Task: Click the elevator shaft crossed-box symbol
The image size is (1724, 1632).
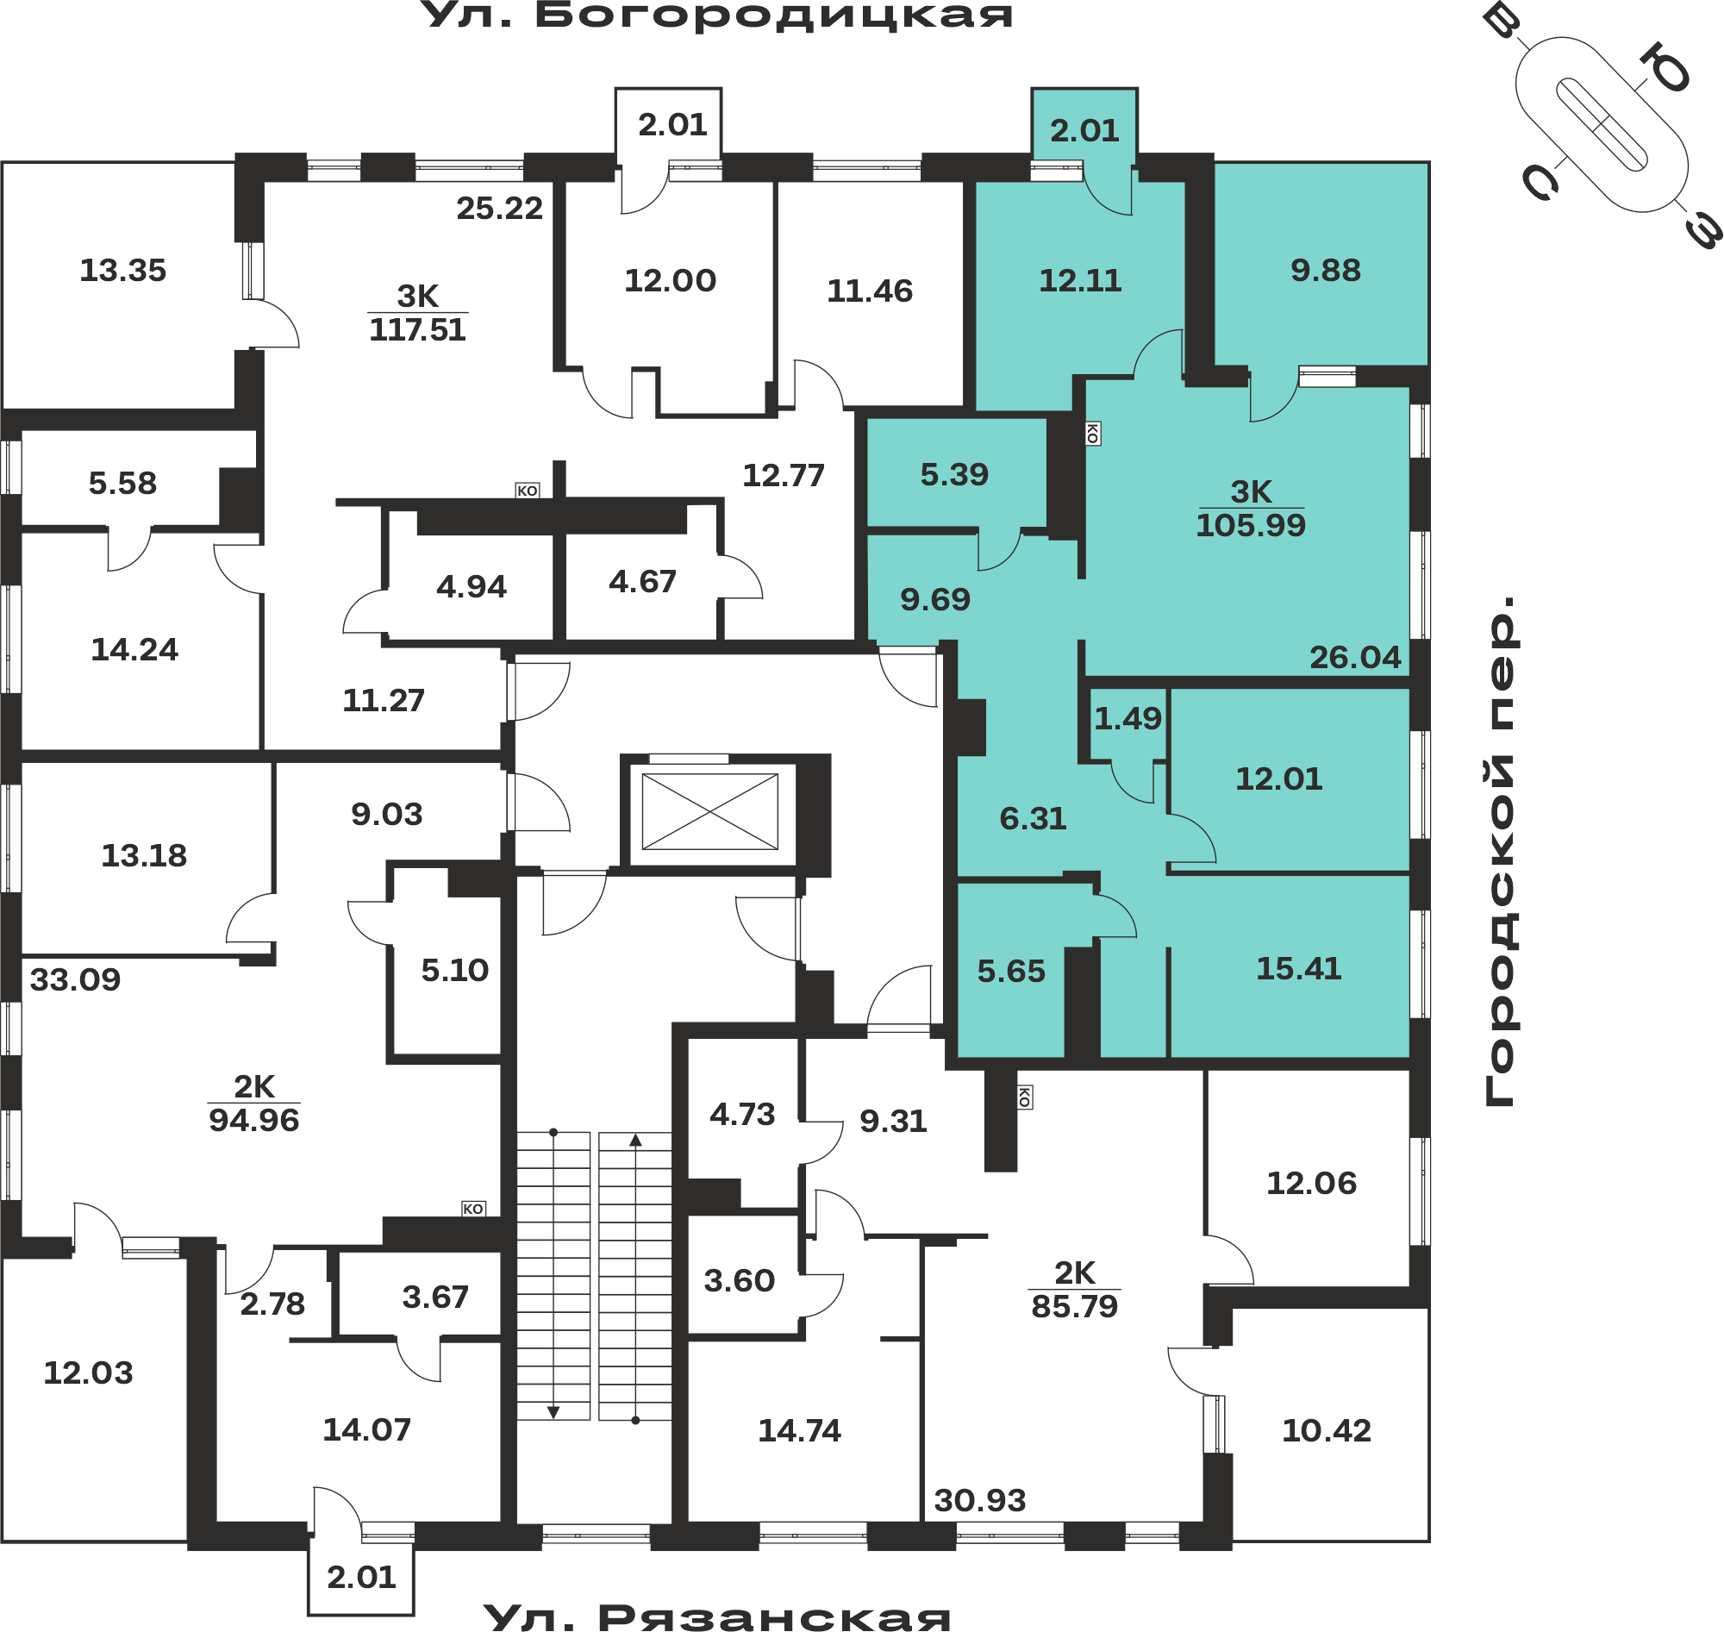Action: [709, 811]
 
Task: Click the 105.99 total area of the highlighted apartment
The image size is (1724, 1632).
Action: [1251, 525]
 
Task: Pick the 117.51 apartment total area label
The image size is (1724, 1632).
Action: [417, 329]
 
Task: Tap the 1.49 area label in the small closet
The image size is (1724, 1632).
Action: [1127, 718]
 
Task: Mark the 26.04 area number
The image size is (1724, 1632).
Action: [1355, 658]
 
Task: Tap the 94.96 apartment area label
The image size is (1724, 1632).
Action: [254, 1121]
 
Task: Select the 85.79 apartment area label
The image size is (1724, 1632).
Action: [1074, 1307]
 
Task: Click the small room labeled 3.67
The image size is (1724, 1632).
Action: [419, 1293]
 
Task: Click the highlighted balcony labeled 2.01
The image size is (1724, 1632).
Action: [1084, 125]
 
